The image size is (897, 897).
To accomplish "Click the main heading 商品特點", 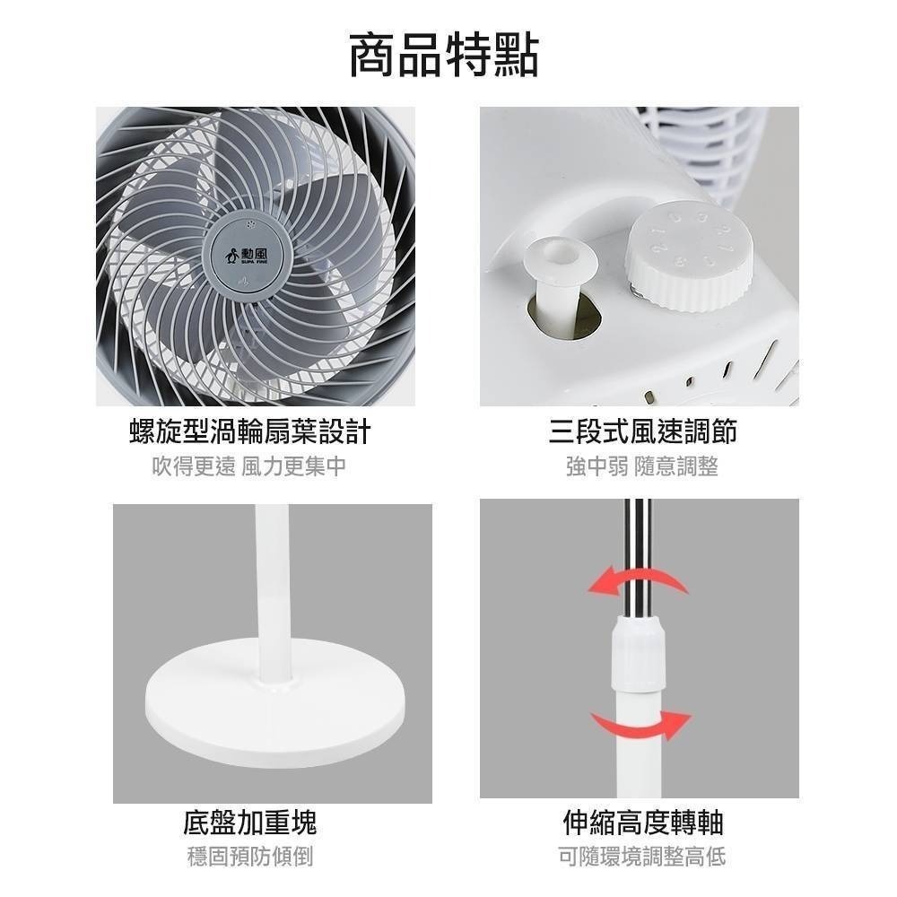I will click(x=445, y=55).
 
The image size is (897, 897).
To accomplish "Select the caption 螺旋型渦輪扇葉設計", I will click(x=250, y=431).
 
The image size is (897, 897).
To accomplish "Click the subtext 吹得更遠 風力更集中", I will click(x=249, y=466).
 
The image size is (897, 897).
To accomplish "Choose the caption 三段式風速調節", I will click(x=642, y=431).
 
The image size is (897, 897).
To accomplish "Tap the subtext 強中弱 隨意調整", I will click(x=642, y=466).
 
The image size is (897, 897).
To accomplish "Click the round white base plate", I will click(x=276, y=700).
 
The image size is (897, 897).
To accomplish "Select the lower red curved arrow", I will click(x=640, y=723).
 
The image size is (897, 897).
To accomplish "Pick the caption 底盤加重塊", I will click(x=250, y=822).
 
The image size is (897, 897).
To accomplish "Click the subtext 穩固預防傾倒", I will click(x=250, y=857).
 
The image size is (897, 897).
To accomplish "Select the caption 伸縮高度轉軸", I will click(x=642, y=822).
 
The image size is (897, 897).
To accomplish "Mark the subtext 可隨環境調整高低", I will click(x=642, y=857).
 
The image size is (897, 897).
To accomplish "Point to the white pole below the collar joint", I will click(x=639, y=745).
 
